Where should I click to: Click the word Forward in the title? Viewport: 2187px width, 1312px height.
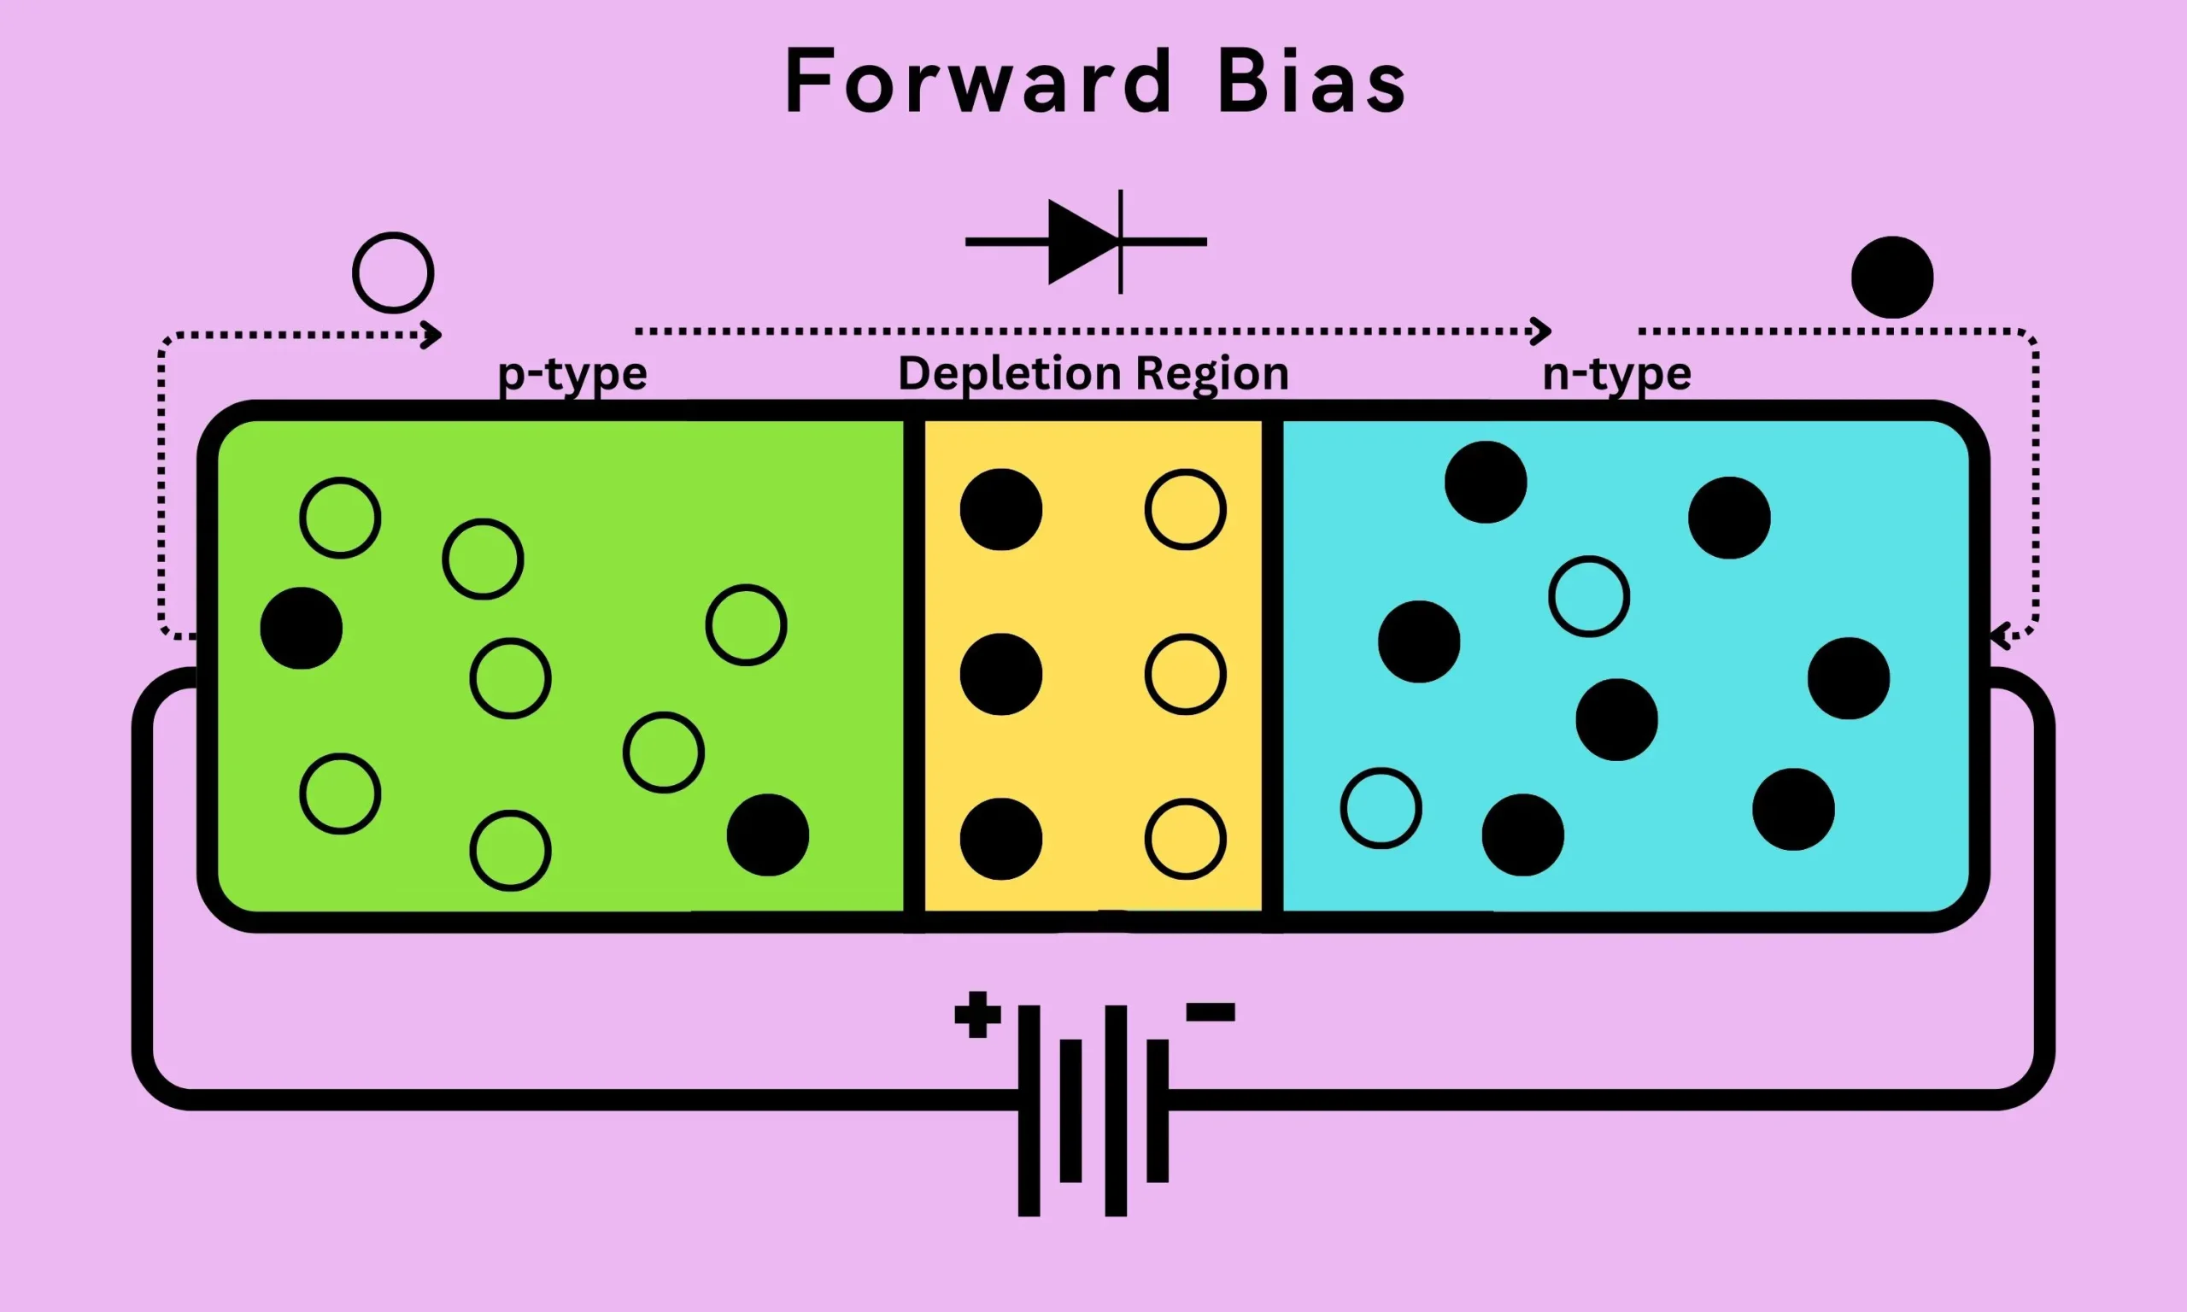(x=977, y=81)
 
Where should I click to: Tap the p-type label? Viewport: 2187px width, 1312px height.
(x=572, y=374)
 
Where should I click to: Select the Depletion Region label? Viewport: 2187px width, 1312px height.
(x=1093, y=374)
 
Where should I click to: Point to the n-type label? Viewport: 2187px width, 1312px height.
(x=1616, y=374)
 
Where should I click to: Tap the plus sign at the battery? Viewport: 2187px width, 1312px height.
(x=976, y=1014)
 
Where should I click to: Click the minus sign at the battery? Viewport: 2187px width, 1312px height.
(x=1211, y=1012)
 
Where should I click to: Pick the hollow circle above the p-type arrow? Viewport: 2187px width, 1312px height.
(x=393, y=272)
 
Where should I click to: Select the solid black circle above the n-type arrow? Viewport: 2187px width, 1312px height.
(x=1891, y=277)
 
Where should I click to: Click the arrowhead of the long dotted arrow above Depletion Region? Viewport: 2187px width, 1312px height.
(x=1542, y=331)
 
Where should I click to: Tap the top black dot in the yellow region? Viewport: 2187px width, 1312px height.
(x=1000, y=509)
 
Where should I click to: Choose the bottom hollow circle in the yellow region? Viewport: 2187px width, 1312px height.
(x=1185, y=839)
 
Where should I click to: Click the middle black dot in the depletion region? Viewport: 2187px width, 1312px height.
(x=1000, y=674)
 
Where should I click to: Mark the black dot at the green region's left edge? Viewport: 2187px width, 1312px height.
(x=301, y=628)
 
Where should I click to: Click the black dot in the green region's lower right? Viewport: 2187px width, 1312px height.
(x=767, y=835)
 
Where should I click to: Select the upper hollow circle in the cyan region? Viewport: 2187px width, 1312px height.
(x=1588, y=596)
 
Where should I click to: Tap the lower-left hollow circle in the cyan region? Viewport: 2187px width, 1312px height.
(x=1381, y=808)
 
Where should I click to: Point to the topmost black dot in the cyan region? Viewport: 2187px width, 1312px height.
(x=1485, y=482)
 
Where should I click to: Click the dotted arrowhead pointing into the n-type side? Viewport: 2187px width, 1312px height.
(x=2000, y=634)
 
